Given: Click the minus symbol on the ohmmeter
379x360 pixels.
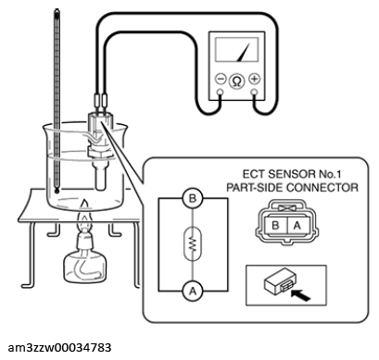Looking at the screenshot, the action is pos(221,79).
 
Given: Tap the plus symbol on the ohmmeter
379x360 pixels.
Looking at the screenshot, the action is pos(254,79).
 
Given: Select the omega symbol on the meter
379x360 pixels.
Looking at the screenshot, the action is pos(237,81).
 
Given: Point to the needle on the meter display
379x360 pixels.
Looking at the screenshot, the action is pos(243,52).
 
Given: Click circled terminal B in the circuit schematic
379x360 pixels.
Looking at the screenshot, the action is pos(193,198).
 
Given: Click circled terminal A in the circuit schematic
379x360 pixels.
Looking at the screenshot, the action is pos(193,291).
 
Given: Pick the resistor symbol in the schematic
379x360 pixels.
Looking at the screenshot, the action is pos(193,244).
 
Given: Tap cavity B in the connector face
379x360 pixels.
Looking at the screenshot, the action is pos(275,225).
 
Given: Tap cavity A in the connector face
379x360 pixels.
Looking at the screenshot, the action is pos(297,225).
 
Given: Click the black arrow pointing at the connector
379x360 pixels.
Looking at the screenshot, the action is pos(300,295).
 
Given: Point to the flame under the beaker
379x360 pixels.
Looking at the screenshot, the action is pos(85,216).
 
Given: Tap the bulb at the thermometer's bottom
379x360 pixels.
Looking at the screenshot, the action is pos(57,192).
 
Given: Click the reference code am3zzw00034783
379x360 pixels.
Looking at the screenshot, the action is pos(59,347).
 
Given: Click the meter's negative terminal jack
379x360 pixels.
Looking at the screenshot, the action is pos(220,92).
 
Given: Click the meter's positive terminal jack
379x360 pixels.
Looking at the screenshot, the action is pos(254,92).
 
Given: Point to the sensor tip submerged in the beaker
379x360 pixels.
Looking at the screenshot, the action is pos(100,179).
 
